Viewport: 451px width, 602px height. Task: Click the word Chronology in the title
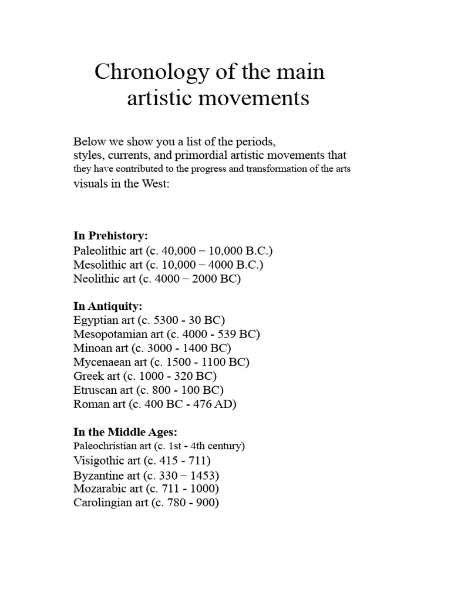[145, 72]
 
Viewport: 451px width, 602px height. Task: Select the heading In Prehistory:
[110, 236]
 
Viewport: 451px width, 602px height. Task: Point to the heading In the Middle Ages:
[125, 432]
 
